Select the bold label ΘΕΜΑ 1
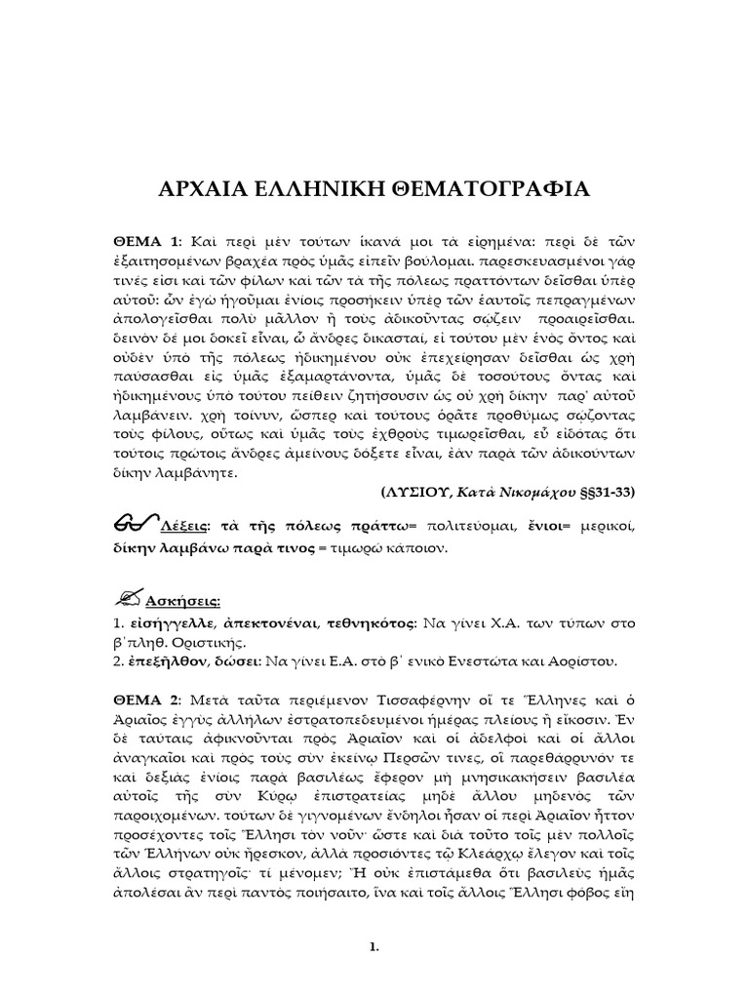coord(142,241)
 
